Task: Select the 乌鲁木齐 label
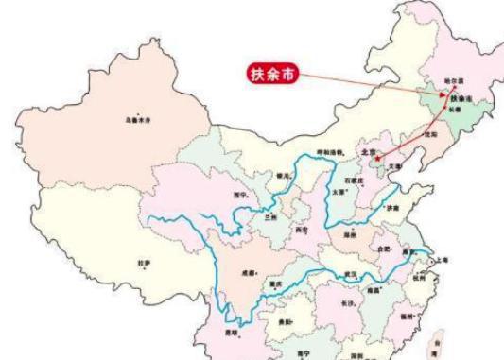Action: (139, 121)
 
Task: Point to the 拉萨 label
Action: (144, 265)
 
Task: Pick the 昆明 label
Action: (232, 333)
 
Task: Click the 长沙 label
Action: (347, 302)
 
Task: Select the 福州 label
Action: (407, 315)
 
